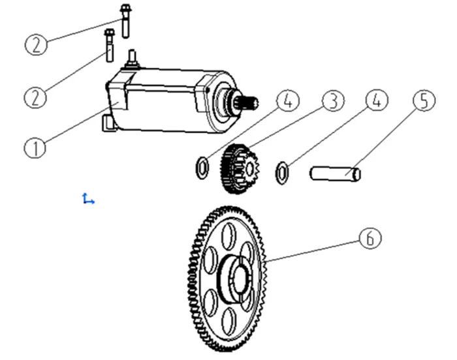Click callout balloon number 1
pos(35,147)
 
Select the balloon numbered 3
pos(332,101)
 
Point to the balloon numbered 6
pos(370,239)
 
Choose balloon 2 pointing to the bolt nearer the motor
pos(37,98)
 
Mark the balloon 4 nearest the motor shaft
pos(287,101)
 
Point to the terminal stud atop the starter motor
pos(133,57)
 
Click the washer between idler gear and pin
pos(281,173)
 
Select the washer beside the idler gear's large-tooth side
pos(202,167)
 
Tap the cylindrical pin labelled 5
pos(334,173)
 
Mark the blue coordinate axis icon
pos(87,199)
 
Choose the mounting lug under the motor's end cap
pos(108,123)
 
